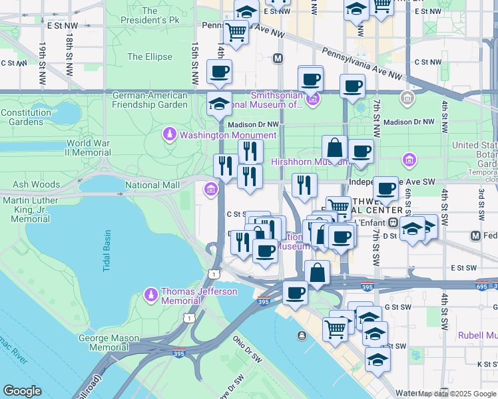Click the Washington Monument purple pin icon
[170, 135]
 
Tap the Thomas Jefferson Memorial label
[199, 296]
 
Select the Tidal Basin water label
[107, 251]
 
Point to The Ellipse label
[149, 57]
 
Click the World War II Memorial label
[88, 148]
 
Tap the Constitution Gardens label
[26, 118]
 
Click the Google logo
[22, 391]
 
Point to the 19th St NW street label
[41, 63]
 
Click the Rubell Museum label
[477, 335]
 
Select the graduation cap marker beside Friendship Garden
[218, 104]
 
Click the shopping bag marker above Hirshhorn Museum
[334, 148]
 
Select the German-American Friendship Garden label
[150, 100]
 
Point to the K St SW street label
[483, 364]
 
